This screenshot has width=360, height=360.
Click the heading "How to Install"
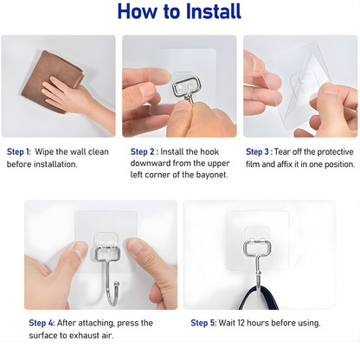pyautogui.click(x=180, y=12)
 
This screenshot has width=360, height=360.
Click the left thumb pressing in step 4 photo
pyautogui.click(x=73, y=252)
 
